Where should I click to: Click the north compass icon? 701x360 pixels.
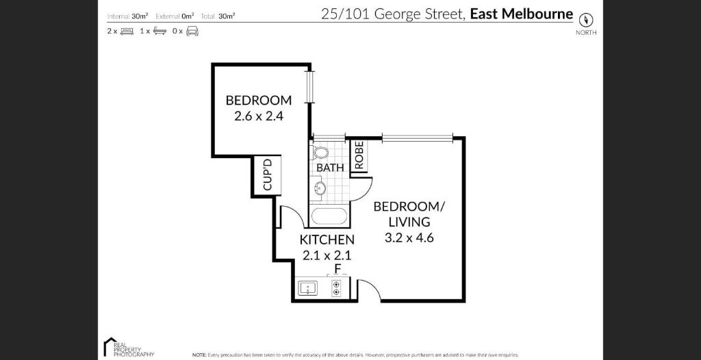click(x=585, y=21)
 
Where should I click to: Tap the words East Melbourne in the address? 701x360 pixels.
click(x=521, y=14)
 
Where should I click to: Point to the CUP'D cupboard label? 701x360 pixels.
click(x=268, y=175)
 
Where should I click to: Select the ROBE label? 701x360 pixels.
click(x=359, y=155)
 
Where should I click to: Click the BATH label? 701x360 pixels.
click(x=330, y=167)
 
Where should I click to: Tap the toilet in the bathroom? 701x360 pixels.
click(x=320, y=152)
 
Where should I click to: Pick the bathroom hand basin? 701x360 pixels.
click(x=319, y=188)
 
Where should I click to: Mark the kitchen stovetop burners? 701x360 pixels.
click(x=336, y=288)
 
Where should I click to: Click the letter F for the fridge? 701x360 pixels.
click(x=337, y=268)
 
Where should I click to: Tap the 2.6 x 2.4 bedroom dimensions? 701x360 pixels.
click(x=259, y=116)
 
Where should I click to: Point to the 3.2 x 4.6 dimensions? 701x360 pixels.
click(x=409, y=238)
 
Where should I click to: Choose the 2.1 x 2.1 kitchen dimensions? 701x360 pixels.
click(x=327, y=255)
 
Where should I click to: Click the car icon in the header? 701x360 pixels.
click(x=192, y=31)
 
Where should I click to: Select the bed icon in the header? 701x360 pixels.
click(x=127, y=31)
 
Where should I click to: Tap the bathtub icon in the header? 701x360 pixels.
click(x=160, y=31)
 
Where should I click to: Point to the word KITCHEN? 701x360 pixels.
click(x=327, y=240)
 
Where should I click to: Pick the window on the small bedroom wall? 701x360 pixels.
click(x=310, y=85)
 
